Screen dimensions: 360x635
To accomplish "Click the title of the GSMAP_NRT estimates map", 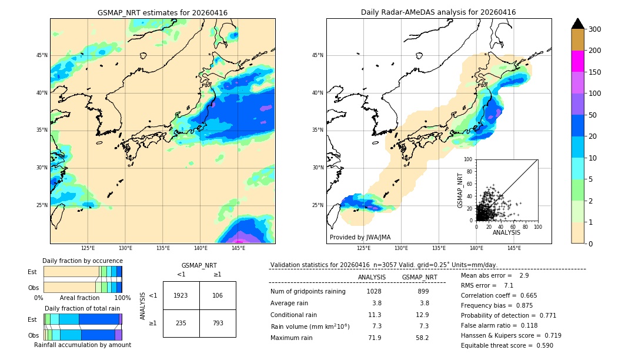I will click(x=162, y=12).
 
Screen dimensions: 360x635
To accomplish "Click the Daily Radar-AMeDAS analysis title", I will click(x=438, y=12).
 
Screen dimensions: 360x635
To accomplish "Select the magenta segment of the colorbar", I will click(x=577, y=61).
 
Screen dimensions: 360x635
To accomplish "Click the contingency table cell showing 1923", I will click(x=181, y=295).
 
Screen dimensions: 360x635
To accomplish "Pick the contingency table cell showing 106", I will click(x=218, y=295).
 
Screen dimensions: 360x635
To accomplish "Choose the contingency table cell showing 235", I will click(x=181, y=322).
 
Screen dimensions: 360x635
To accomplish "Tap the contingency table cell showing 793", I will click(x=218, y=322).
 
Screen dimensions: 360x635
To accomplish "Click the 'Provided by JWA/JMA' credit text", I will click(x=360, y=238).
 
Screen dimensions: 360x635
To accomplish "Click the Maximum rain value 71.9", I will click(x=374, y=338).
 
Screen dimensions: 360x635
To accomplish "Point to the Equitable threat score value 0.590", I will click(x=540, y=345).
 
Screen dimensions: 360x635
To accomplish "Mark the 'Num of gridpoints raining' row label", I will click(x=308, y=292).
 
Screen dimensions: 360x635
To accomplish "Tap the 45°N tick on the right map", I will click(x=317, y=56).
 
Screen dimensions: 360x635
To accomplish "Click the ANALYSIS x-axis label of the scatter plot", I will click(x=507, y=232).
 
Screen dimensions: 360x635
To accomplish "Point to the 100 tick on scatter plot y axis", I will click(x=468, y=159).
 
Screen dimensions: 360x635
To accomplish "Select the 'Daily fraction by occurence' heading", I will click(x=82, y=261).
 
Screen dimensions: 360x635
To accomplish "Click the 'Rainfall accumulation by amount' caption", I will click(x=82, y=345).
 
